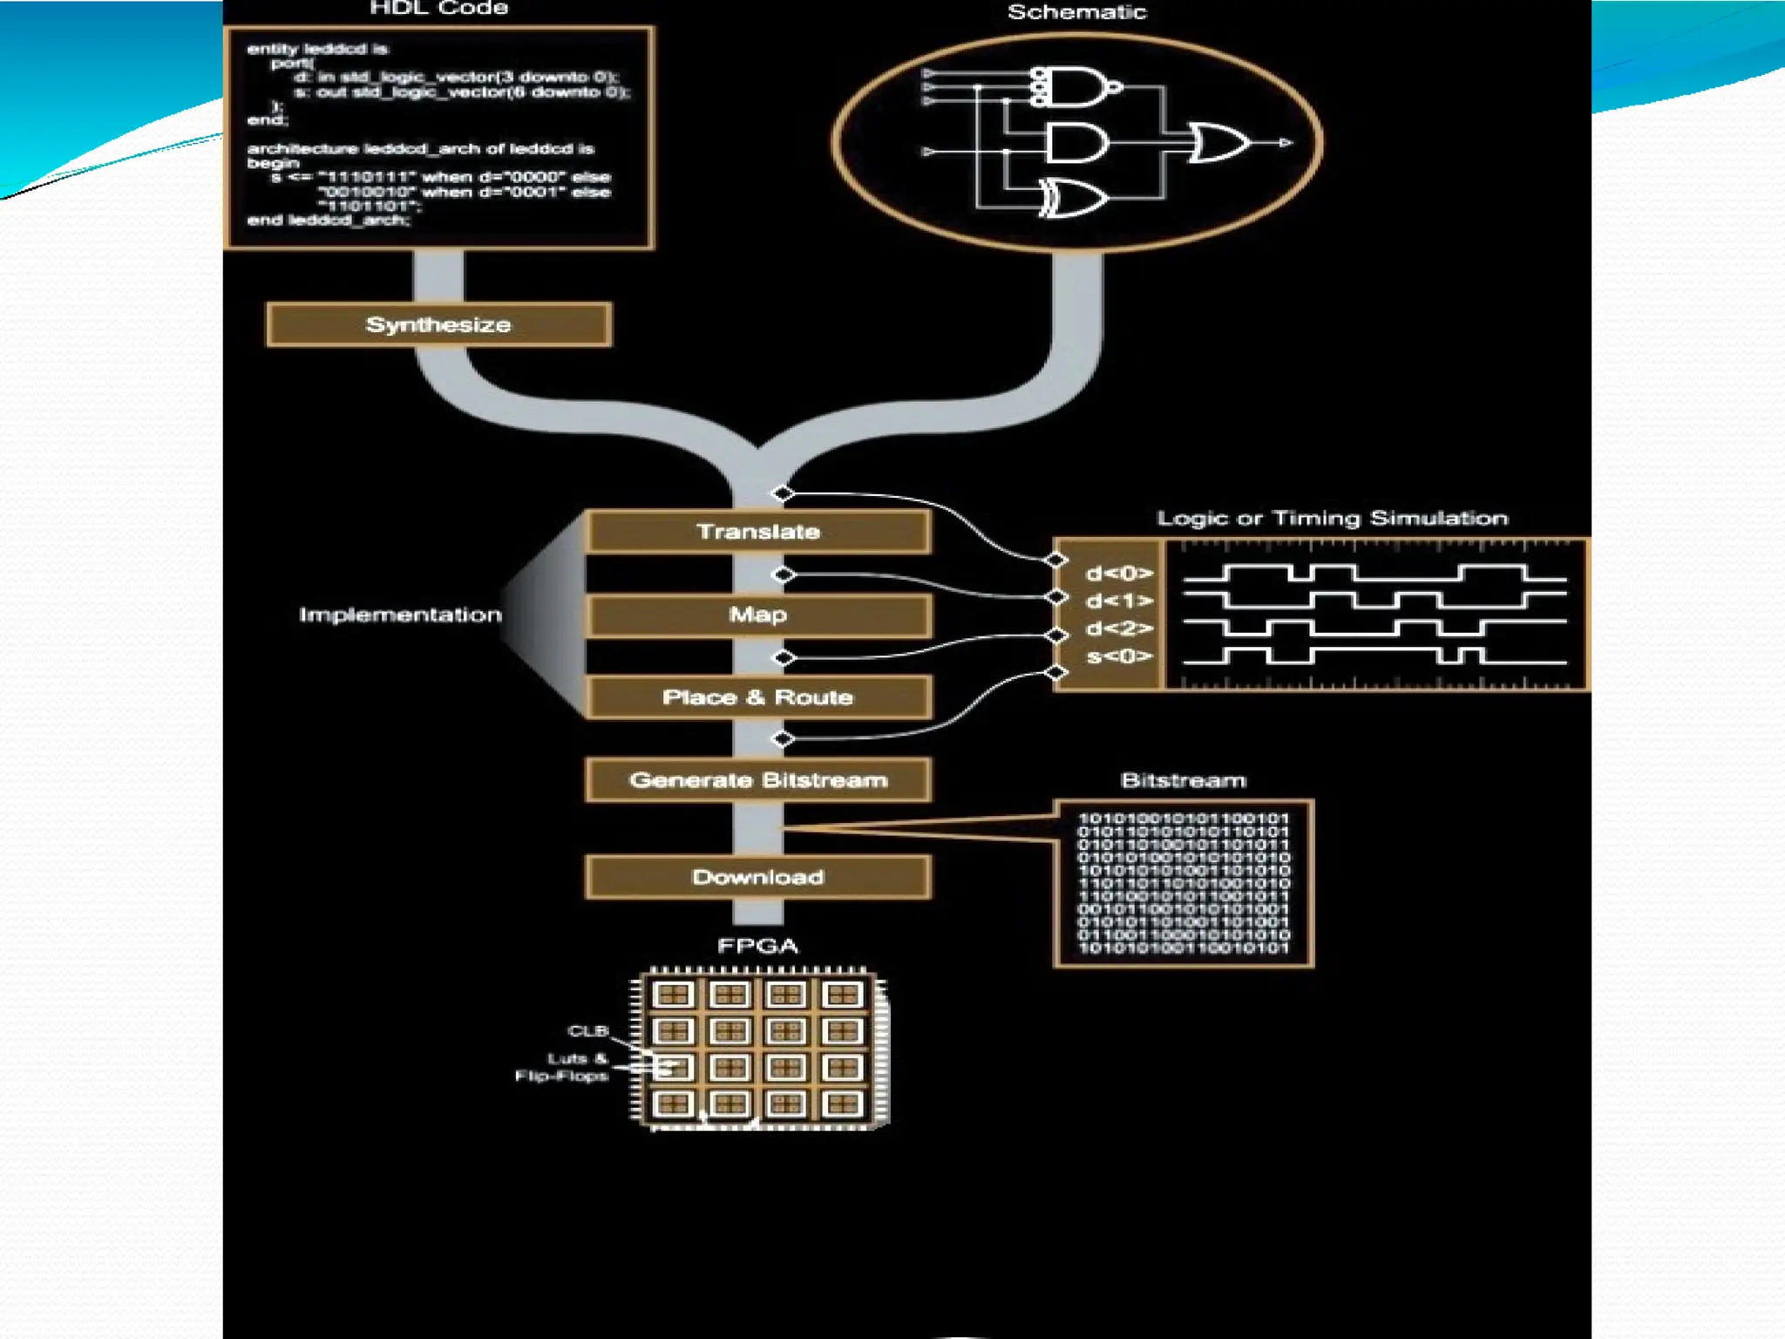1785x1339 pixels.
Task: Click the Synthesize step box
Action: click(x=438, y=325)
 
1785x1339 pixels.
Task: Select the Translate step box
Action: click(x=758, y=532)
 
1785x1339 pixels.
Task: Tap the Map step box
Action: click(x=758, y=615)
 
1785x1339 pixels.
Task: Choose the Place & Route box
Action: click(x=758, y=697)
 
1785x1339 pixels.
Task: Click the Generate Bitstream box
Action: click(x=758, y=780)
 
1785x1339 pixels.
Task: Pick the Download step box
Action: click(x=758, y=877)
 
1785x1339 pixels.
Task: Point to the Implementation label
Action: click(x=401, y=615)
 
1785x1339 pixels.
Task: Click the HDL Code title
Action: click(x=438, y=9)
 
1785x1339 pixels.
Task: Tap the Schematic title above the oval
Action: click(x=1076, y=12)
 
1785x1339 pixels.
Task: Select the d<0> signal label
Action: click(x=1119, y=574)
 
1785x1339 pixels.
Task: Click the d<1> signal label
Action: click(x=1119, y=602)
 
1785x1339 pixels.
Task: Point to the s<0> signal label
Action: click(x=1119, y=656)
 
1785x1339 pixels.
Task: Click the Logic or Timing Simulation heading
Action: click(x=1332, y=519)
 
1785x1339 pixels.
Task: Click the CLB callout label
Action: click(x=587, y=1031)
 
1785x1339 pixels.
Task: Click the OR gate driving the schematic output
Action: click(x=1220, y=143)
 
